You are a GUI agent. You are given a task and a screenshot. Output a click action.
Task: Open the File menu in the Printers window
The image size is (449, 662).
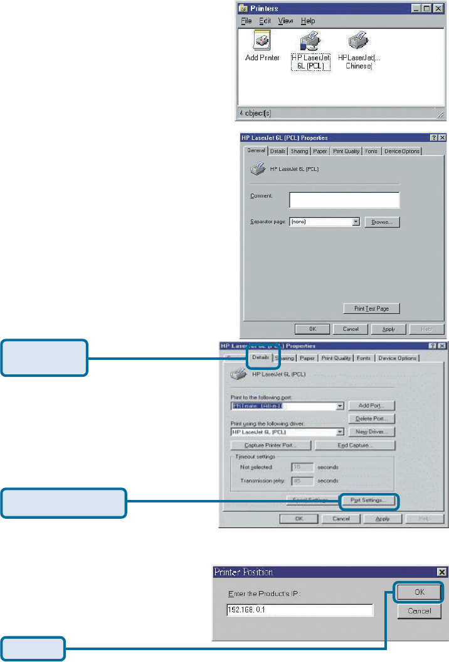tap(246, 21)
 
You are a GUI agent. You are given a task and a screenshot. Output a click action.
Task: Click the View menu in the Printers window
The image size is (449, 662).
tap(285, 21)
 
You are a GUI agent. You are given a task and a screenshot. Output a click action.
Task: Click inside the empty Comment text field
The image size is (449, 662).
tap(344, 200)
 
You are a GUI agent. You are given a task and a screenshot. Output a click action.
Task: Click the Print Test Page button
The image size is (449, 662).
tap(371, 308)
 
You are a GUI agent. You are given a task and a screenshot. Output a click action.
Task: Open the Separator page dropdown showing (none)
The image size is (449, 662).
tap(356, 222)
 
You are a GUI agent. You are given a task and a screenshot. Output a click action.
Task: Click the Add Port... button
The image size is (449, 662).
tap(371, 406)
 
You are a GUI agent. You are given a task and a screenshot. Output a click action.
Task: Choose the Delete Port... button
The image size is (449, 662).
tap(371, 418)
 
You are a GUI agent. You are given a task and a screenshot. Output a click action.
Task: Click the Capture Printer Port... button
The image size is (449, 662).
tap(271, 445)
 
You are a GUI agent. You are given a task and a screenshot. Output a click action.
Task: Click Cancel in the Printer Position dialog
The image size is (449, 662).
tap(420, 610)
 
